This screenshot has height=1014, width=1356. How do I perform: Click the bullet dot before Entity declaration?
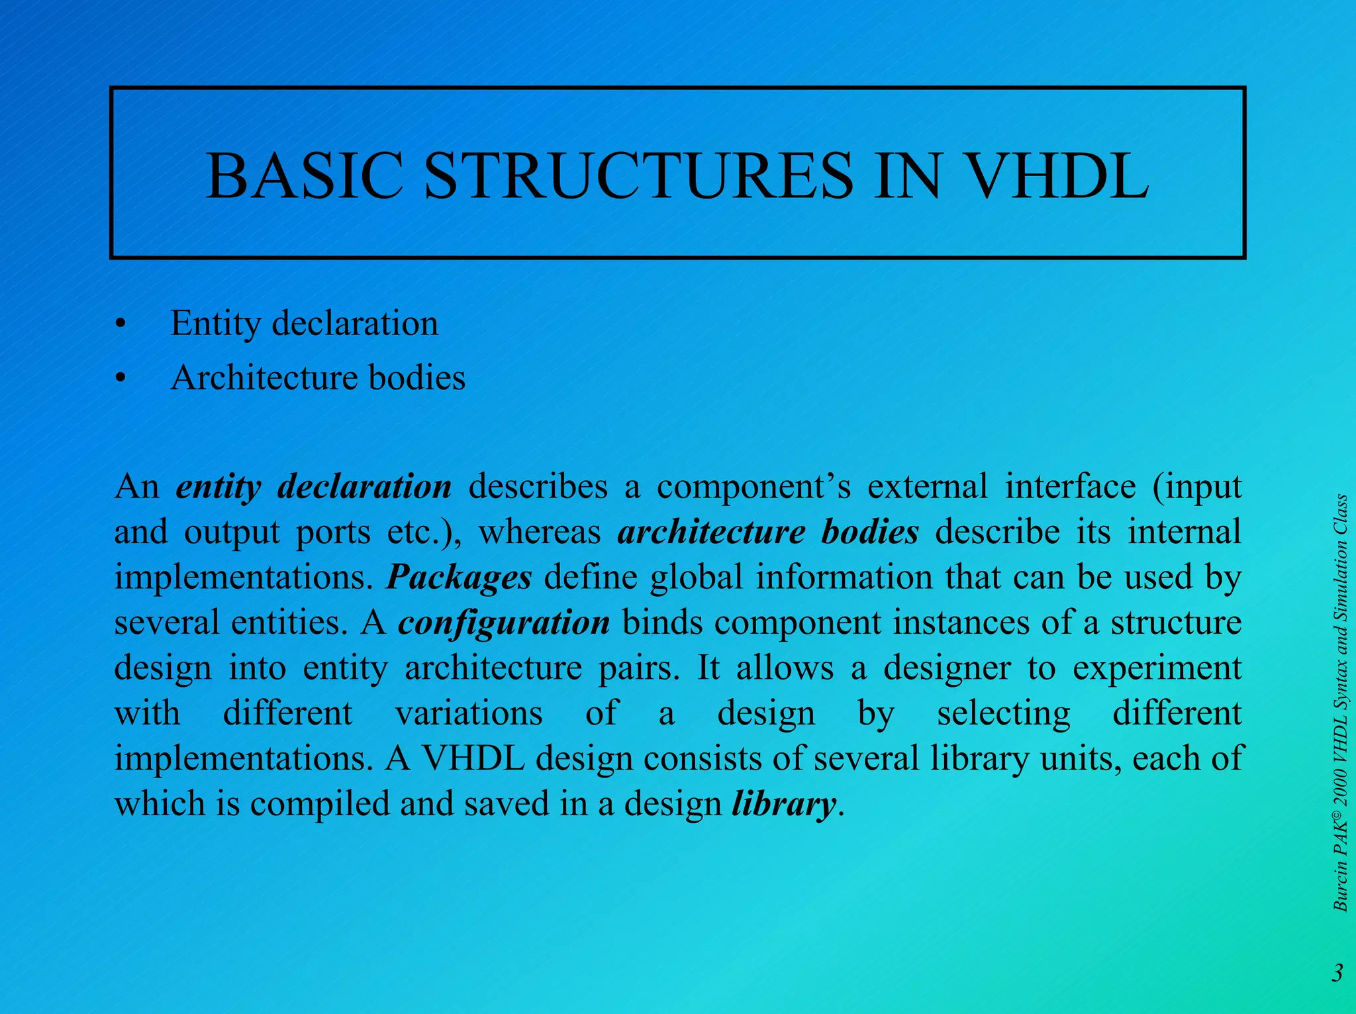tap(119, 325)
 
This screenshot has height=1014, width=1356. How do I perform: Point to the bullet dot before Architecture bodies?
tap(119, 379)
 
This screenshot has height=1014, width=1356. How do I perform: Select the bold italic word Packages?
tap(459, 577)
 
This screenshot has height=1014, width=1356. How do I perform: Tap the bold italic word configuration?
tap(504, 623)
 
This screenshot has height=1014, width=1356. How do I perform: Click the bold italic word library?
tap(783, 804)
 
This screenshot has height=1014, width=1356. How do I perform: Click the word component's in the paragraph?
tap(753, 487)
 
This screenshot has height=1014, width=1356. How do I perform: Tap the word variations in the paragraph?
tap(469, 713)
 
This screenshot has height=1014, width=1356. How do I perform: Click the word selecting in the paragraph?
tap(1004, 713)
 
